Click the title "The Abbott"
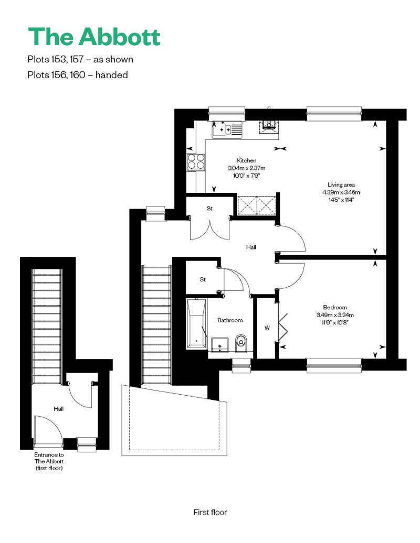coord(94,36)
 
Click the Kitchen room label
coord(247,160)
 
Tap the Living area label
coord(341,184)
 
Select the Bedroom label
coord(335,307)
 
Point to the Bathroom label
coord(230,320)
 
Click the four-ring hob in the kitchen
coord(196,162)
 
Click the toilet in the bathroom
coord(241,343)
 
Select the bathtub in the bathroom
coord(196,324)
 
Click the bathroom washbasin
coord(219,344)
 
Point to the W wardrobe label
coord(267,328)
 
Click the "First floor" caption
coord(210,512)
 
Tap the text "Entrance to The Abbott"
coord(49,458)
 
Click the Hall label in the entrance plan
coord(59,409)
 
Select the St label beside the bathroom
coord(203,279)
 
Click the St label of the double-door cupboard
coord(209,208)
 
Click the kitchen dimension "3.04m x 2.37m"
coord(247,168)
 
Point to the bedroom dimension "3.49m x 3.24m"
coord(335,315)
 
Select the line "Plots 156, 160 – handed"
coord(78,75)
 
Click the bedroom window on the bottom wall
coord(334,366)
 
